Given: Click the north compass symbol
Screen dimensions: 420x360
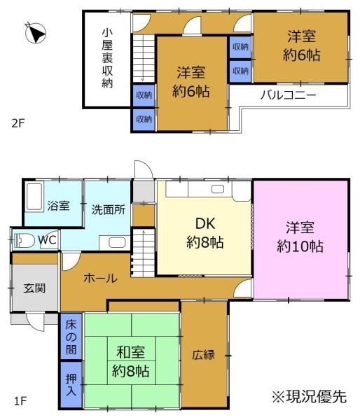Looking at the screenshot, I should pos(34,33).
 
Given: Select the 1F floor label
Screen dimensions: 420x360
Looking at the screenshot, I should pos(20,401).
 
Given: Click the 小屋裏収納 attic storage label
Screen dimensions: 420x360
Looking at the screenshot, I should pos(106,58).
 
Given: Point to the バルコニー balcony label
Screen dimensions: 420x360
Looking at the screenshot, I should pos(288,94).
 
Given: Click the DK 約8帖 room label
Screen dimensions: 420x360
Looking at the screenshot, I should pos(204,233).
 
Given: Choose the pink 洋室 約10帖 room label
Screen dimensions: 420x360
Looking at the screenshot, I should pos(304,237).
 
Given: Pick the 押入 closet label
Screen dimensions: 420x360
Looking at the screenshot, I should pos(71,382).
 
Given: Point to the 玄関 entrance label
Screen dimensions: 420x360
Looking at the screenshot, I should pos(34,288).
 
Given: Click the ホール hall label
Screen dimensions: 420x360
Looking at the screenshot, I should pos(99,278).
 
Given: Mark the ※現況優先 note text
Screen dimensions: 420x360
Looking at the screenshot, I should pos(309,397).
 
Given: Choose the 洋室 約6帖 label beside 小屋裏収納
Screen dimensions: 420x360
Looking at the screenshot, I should pos(191,80).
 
